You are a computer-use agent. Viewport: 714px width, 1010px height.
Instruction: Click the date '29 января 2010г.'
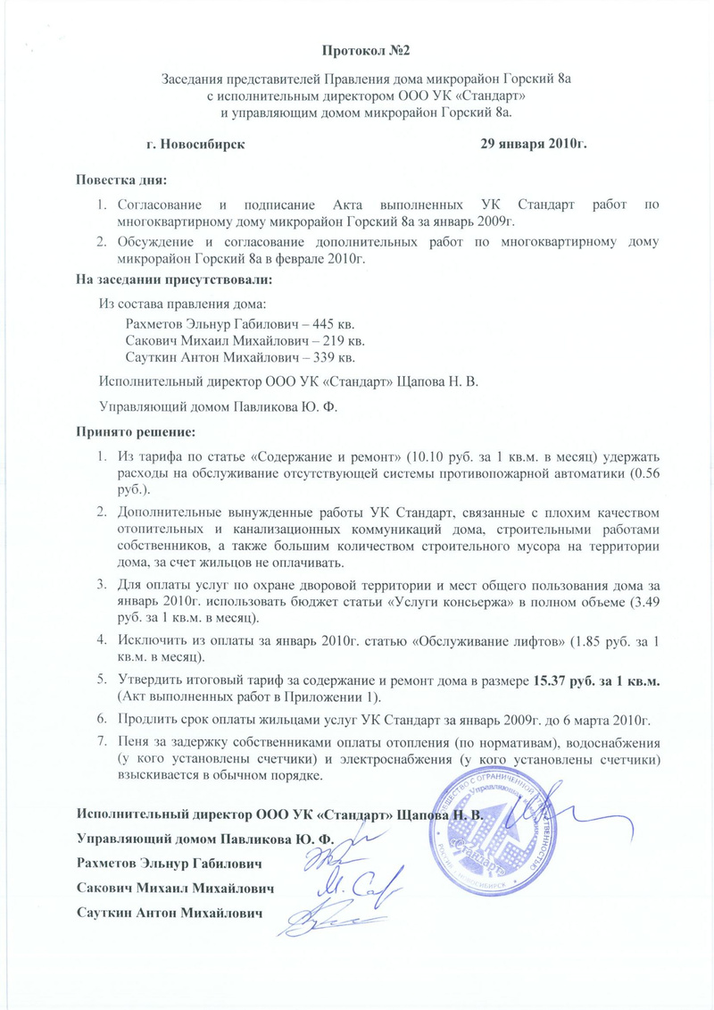click(533, 143)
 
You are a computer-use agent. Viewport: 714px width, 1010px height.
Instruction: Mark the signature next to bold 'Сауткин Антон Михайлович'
click(335, 912)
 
